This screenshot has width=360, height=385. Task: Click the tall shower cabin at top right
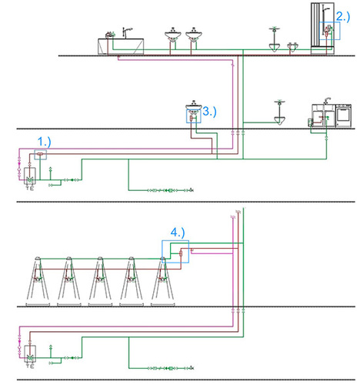325,29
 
